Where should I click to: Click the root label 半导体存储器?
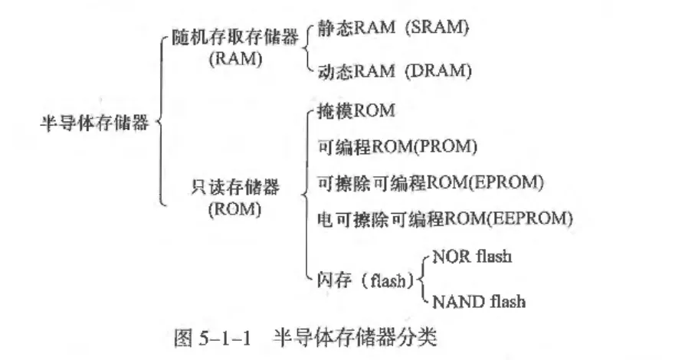tap(94, 123)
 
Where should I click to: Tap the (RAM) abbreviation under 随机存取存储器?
tap(235, 60)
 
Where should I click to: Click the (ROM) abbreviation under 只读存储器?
tap(234, 208)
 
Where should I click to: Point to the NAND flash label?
tap(479, 301)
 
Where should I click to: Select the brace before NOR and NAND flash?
tap(423, 279)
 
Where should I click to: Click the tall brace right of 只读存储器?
tap(307, 191)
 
